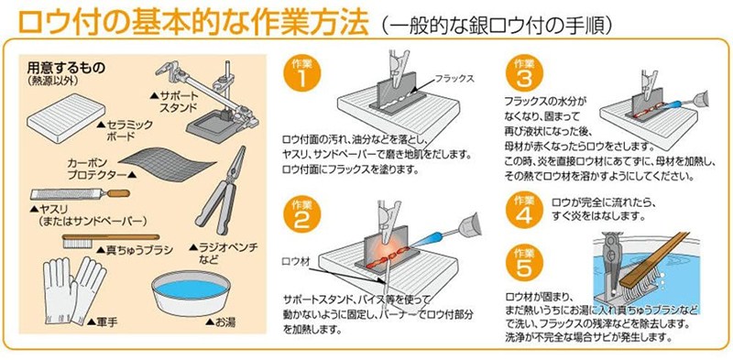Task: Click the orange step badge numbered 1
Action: coord(301,75)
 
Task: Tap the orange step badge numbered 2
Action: coord(301,216)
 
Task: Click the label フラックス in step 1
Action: coord(454,79)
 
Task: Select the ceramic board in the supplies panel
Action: coord(65,118)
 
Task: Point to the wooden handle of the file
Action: coord(118,193)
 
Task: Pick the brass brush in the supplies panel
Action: coord(110,240)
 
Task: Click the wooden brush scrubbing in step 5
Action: coord(652,264)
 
